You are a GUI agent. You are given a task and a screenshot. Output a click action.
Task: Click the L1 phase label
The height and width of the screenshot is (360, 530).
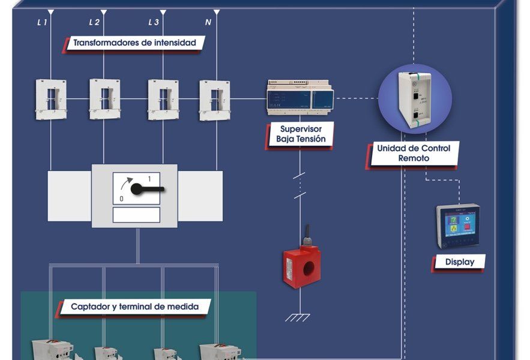(43, 23)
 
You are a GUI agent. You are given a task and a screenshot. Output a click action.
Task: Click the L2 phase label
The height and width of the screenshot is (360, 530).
(94, 23)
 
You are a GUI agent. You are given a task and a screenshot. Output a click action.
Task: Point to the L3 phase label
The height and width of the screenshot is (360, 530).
(154, 23)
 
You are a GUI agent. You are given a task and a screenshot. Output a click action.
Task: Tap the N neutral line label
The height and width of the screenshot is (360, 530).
(208, 23)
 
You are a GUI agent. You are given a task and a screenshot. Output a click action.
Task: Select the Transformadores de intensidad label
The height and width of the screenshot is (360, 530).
(135, 43)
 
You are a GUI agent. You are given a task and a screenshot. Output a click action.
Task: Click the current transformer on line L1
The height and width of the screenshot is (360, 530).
(50, 99)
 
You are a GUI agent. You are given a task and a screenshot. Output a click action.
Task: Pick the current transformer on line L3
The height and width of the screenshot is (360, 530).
(163, 99)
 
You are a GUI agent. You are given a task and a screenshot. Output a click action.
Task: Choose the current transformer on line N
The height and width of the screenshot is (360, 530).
(215, 99)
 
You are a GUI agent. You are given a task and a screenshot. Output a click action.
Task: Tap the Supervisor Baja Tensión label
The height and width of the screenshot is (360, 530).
(301, 134)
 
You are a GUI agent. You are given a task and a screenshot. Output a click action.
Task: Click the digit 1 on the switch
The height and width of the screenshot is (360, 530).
(150, 179)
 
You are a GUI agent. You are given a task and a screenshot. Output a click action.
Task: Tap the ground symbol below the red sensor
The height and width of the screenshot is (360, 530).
(298, 317)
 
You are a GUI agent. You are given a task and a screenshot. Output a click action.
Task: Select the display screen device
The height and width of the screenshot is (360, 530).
(457, 226)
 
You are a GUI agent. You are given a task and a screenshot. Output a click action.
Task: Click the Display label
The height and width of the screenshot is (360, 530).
(460, 262)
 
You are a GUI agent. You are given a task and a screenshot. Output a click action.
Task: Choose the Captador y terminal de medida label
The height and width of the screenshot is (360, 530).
(134, 307)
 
